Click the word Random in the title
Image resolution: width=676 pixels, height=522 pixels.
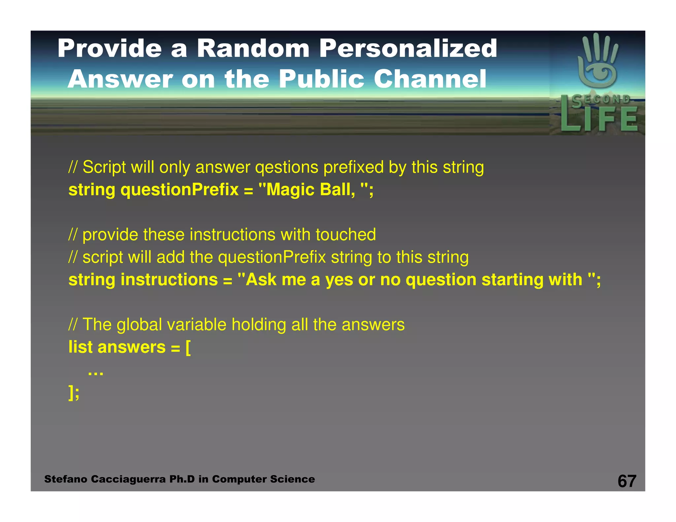253,49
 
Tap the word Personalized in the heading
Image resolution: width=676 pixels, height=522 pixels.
408,49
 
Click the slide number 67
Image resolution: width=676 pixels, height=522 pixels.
626,481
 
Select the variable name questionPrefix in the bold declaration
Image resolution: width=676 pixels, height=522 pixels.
180,190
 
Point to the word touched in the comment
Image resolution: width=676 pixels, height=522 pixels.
346,235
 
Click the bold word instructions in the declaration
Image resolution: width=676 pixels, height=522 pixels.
169,280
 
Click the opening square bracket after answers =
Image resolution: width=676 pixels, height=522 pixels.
188,347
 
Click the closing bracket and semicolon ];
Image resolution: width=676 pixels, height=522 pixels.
74,392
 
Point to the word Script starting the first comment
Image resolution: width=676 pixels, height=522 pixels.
104,167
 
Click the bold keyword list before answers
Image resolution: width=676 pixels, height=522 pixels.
81,347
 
